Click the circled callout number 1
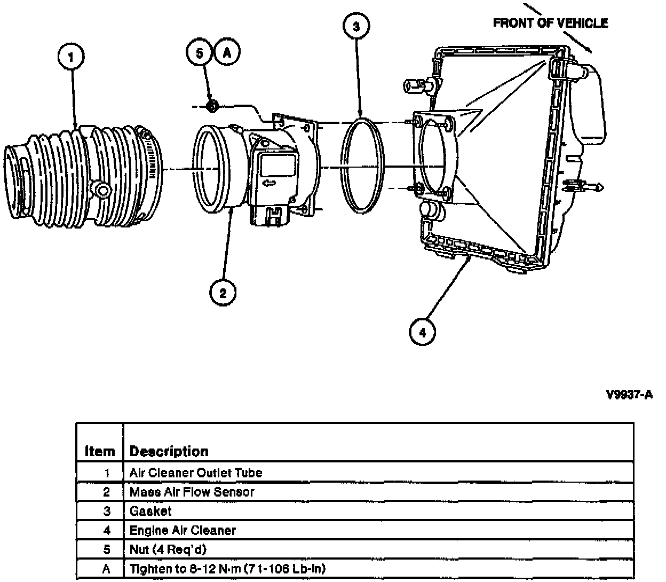coord(71,57)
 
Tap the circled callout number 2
coord(223,292)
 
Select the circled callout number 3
coord(356,26)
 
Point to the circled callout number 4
coord(422,332)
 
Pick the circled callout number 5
coord(199,52)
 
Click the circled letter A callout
coord(227,52)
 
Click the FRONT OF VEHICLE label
coord(550,23)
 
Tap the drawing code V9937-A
coord(629,395)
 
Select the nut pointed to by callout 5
coord(212,106)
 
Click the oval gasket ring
coord(362,166)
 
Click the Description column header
coord(169,451)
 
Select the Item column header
coord(100,451)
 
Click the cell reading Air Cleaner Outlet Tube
coord(196,473)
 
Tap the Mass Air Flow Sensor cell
coord(192,492)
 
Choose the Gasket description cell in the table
coord(150,511)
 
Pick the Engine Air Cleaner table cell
coord(183,530)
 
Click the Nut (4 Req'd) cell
coord(168,549)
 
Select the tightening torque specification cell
coord(227,569)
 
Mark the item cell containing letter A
coord(106,569)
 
